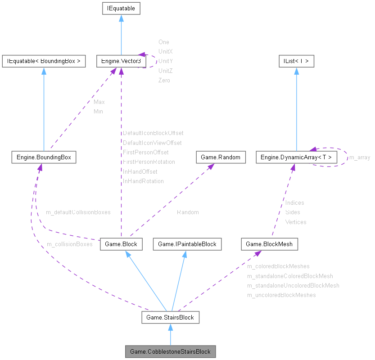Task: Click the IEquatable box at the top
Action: [x=121, y=9]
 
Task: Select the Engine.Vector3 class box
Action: [x=121, y=61]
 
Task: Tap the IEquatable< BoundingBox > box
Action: [x=44, y=61]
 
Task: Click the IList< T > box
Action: [x=296, y=61]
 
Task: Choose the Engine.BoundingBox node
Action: [x=44, y=157]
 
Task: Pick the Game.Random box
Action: [x=221, y=157]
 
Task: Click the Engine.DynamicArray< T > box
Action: [x=296, y=157]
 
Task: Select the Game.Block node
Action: [x=121, y=244]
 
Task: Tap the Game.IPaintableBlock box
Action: [x=187, y=244]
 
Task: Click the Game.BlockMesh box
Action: [x=270, y=244]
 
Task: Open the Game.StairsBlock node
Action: [x=170, y=317]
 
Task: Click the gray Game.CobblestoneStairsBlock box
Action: [x=171, y=351]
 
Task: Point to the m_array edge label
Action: [x=360, y=157]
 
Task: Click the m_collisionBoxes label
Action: [x=70, y=244]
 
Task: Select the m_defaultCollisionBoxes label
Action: [x=78, y=212]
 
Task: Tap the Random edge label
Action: [x=188, y=212]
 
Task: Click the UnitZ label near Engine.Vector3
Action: [x=166, y=71]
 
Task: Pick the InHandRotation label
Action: [x=143, y=181]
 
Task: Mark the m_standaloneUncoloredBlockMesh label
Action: [x=293, y=285]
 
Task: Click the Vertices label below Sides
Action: [x=296, y=222]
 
